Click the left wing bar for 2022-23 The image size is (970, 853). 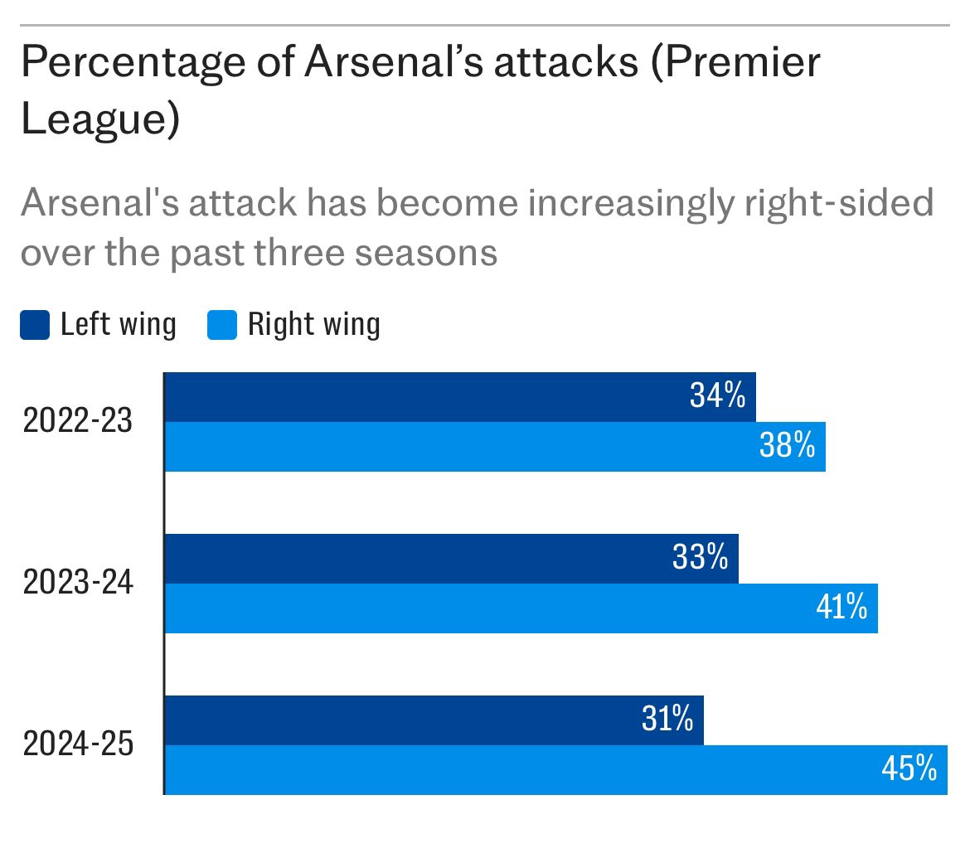point(460,397)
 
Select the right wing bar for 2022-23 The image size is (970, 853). point(495,447)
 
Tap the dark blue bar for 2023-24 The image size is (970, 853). point(451,559)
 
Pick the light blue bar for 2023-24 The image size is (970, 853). point(521,608)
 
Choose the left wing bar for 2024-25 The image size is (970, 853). point(434,720)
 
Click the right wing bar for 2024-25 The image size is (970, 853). point(555,770)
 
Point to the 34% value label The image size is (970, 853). point(718,397)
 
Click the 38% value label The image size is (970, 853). point(788,447)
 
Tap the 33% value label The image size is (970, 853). point(701,559)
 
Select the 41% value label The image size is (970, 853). point(841,608)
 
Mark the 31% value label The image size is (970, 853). point(667,720)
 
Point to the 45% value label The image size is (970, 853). point(909,770)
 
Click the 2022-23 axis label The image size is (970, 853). point(78,422)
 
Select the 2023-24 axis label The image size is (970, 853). point(78,584)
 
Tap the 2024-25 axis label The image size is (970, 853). point(78,745)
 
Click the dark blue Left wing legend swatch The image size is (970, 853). point(35,325)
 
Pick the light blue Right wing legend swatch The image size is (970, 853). point(222,325)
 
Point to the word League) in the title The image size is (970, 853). point(100,120)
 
